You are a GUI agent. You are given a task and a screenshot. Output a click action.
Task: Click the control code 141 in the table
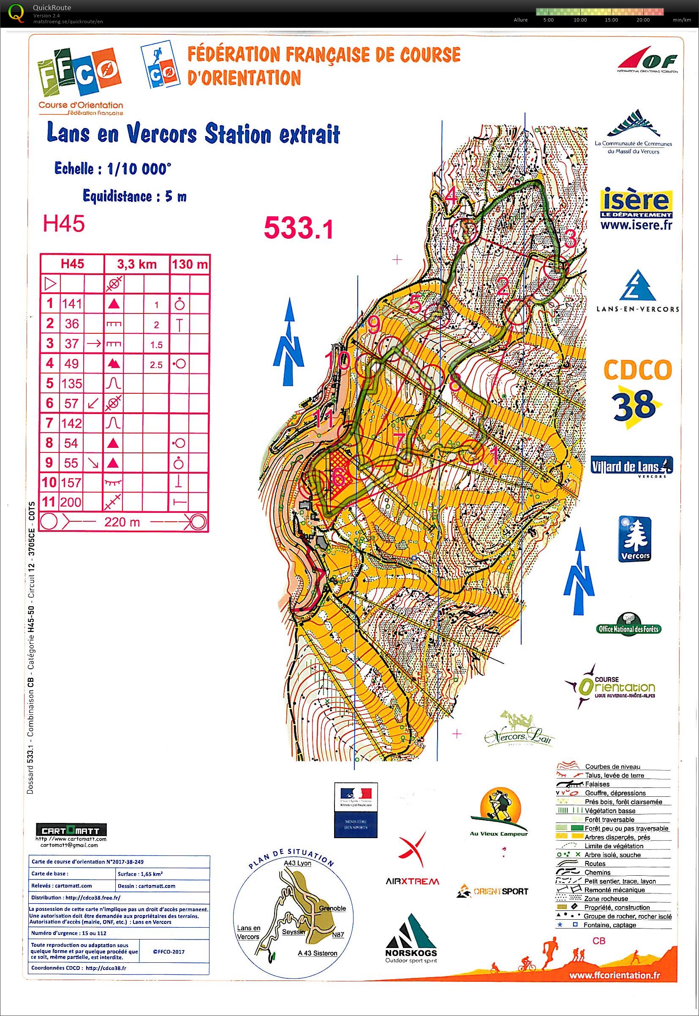point(72,304)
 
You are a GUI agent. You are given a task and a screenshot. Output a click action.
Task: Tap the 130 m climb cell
point(190,264)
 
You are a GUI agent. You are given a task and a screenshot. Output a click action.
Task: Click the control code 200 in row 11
point(71,502)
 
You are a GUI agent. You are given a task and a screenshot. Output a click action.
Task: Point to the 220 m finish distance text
point(122,522)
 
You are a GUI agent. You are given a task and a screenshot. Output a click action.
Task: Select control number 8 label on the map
point(454,384)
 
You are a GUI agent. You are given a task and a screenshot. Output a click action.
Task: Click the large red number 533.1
point(298,228)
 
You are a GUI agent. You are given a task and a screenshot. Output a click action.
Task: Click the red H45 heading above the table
point(64,224)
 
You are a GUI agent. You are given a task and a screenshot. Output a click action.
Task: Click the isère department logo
point(636,209)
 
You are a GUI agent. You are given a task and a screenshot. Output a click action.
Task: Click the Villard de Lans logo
point(631,465)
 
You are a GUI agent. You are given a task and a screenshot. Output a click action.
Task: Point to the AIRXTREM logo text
point(412,881)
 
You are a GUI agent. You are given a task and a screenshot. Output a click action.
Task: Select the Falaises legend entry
point(597,784)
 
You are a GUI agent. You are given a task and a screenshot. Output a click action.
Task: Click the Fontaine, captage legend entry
point(609,925)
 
